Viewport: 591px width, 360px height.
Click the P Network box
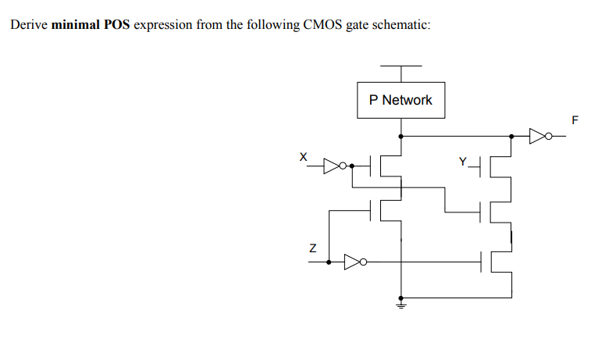(401, 100)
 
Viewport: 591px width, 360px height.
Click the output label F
(575, 120)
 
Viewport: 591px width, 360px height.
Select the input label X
(304, 155)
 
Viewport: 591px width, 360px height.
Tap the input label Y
(463, 162)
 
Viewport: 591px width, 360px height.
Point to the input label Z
(312, 249)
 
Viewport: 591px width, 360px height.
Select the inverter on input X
(335, 166)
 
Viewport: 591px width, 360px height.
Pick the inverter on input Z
(354, 262)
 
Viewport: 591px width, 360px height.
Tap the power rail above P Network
(401, 66)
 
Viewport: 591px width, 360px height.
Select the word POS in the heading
(117, 25)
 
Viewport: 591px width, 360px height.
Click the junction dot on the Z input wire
(329, 262)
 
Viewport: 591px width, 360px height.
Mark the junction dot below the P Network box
(401, 136)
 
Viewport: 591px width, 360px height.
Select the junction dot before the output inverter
(511, 136)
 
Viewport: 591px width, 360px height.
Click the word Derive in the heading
(28, 25)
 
